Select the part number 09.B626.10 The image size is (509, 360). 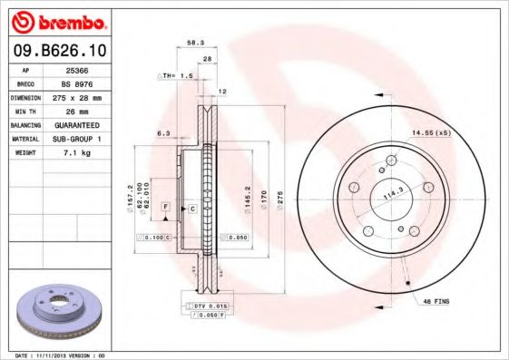[58, 51]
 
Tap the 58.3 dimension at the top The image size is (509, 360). [195, 42]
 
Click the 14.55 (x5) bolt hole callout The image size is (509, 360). [431, 133]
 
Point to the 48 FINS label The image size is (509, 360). [436, 299]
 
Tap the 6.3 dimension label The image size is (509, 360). [163, 133]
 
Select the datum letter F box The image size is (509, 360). [166, 208]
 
